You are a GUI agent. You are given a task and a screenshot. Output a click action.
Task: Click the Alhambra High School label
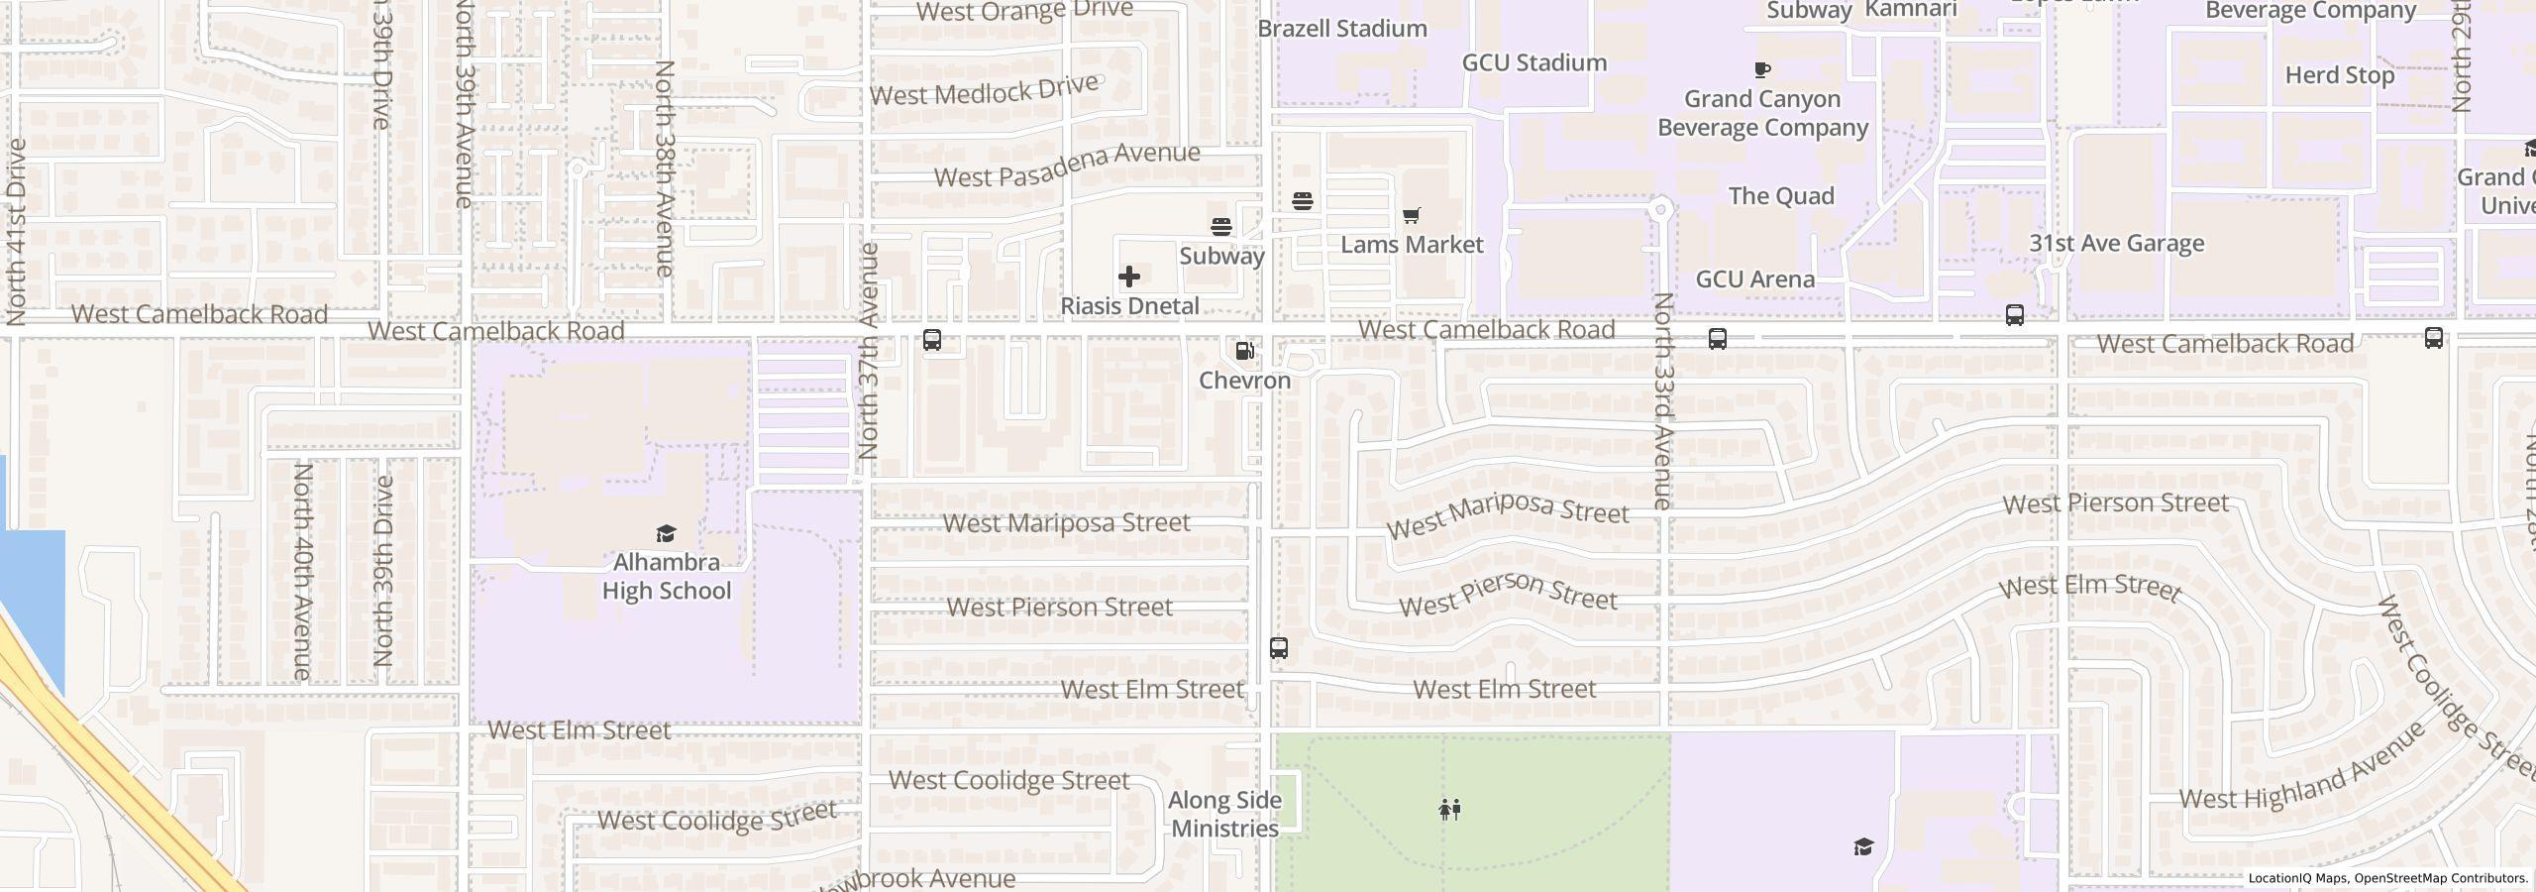(666, 576)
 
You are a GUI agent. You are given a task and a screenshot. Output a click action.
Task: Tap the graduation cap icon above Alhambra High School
(666, 534)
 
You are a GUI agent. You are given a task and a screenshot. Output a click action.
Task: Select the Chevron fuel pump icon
(1244, 351)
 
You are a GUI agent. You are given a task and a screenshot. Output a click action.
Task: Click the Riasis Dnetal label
(1129, 306)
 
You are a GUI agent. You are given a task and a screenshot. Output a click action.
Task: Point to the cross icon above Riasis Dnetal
(1128, 277)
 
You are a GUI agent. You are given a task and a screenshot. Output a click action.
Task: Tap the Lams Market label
(1412, 245)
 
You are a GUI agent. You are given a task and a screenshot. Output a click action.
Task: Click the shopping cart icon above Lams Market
(1412, 215)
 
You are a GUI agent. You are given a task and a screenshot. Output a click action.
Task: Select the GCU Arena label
(1754, 279)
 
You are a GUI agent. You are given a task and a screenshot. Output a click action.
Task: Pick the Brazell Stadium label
(1341, 29)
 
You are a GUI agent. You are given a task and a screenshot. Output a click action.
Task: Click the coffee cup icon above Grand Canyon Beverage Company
(1761, 69)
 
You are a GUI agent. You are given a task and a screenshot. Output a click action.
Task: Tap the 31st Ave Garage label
(2116, 244)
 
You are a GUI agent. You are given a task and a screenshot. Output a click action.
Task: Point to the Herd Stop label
(2339, 75)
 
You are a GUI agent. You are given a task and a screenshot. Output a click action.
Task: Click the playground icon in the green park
(1449, 810)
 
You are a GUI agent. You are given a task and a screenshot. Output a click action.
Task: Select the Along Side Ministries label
(1224, 814)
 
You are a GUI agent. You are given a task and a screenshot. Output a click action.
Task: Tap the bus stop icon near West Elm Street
(1279, 648)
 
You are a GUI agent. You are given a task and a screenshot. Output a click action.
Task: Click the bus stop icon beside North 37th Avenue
(931, 340)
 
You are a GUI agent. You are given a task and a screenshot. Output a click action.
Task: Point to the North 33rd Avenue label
(1662, 401)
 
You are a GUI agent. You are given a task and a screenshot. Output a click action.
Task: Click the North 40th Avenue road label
(302, 572)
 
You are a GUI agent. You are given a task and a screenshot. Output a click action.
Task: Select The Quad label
(1780, 196)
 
